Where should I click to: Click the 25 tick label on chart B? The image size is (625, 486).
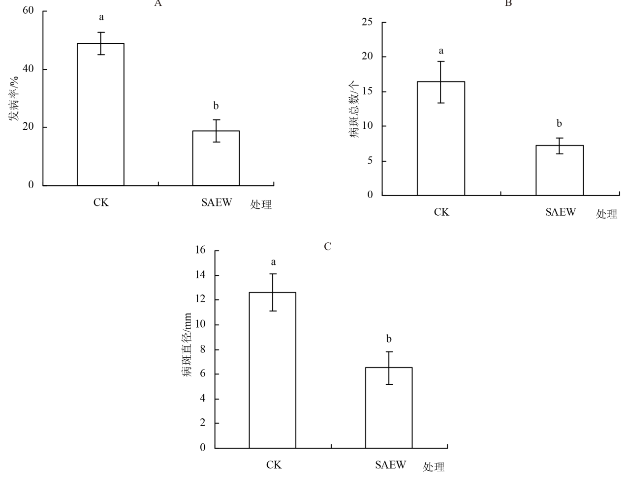click(367, 22)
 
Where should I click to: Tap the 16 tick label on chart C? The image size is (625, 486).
click(200, 250)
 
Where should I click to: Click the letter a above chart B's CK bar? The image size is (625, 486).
click(441, 51)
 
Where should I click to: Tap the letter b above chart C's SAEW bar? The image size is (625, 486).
click(389, 339)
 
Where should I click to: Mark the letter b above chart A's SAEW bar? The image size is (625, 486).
click(216, 106)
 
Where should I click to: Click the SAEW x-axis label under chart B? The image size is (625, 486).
click(560, 212)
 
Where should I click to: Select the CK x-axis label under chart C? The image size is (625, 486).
click(274, 465)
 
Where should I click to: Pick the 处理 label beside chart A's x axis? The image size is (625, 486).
click(261, 205)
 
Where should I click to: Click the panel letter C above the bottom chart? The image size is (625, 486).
click(328, 247)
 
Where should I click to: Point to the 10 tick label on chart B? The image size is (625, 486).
click(367, 126)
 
